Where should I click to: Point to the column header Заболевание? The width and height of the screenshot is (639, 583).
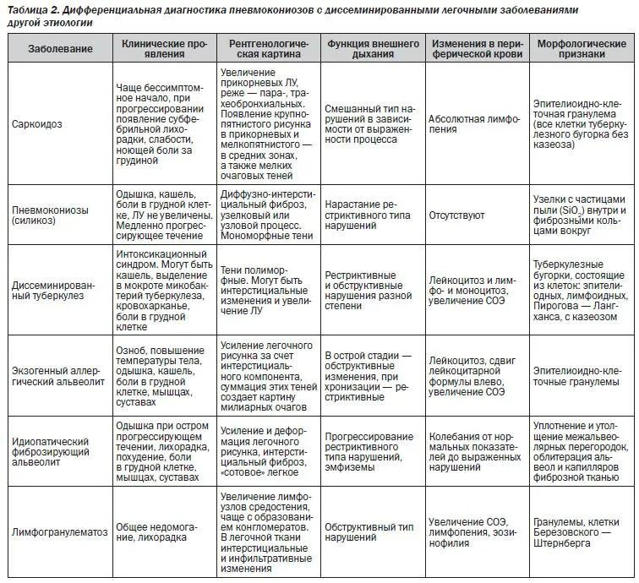pyautogui.click(x=59, y=48)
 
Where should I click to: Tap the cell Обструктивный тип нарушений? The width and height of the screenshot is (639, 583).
pyautogui.click(x=369, y=531)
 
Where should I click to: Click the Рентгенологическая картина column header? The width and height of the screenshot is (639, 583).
pyautogui.click(x=267, y=48)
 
